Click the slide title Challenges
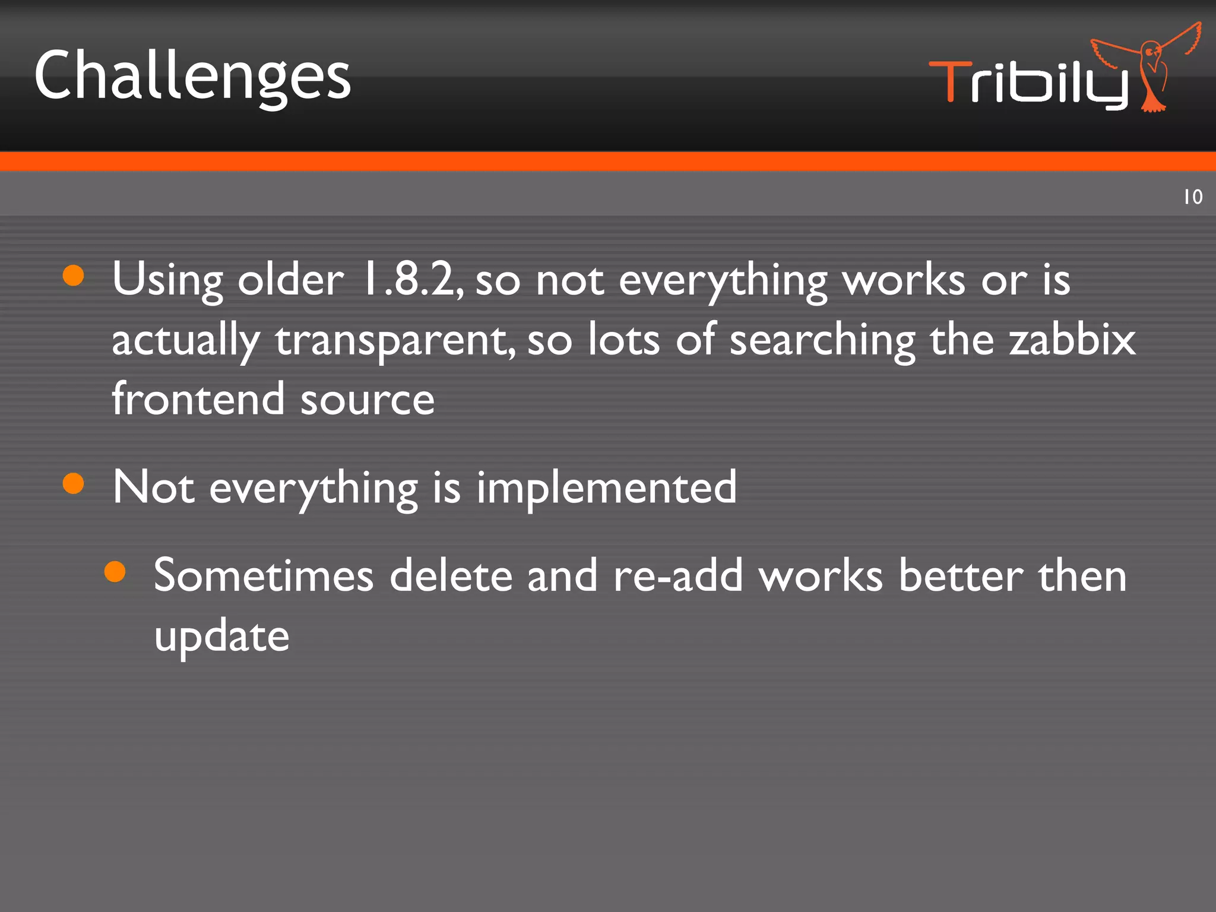click(x=192, y=77)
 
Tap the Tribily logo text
click(x=1027, y=83)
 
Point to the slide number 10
click(x=1193, y=197)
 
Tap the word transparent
click(x=394, y=340)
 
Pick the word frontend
click(x=198, y=399)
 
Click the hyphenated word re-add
click(x=677, y=575)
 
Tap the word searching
click(x=822, y=340)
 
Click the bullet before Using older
click(x=73, y=275)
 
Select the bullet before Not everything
click(x=73, y=483)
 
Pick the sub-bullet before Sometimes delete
click(x=115, y=571)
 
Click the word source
click(x=368, y=399)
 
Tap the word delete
click(x=451, y=575)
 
